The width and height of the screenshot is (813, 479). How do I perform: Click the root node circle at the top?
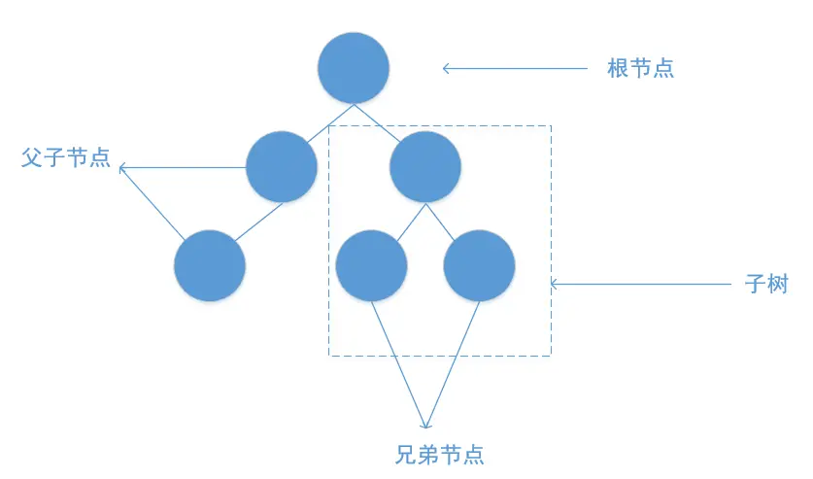tap(354, 68)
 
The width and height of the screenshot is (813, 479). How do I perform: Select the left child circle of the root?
tap(282, 167)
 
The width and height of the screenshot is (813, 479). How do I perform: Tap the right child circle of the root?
tap(424, 167)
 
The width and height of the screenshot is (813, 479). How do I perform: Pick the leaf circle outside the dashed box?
tap(210, 266)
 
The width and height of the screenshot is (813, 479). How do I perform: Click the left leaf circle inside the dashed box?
tap(371, 266)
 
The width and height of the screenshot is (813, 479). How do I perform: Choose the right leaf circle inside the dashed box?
tap(479, 266)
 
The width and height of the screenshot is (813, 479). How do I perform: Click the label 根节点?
tap(641, 69)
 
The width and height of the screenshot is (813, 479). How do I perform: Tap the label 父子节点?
tap(65, 158)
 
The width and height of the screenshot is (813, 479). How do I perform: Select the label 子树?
tap(766, 285)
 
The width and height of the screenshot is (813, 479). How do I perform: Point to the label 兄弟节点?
tap(440, 454)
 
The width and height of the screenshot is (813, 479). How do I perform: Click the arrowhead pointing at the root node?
tap(447, 69)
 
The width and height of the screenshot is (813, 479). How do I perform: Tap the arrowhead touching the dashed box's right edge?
tap(555, 285)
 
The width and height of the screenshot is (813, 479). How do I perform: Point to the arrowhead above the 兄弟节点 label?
tap(425, 424)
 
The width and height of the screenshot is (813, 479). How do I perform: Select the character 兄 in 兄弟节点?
tap(407, 454)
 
